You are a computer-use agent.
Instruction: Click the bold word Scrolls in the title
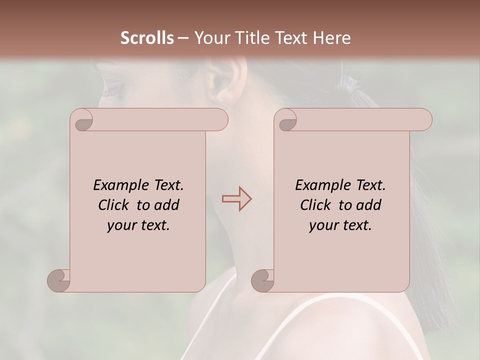(147, 38)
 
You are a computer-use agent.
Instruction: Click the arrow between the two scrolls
(236, 198)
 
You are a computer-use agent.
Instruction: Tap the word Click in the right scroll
(315, 205)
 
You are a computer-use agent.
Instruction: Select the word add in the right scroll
(370, 205)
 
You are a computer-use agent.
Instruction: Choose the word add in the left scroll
(168, 205)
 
